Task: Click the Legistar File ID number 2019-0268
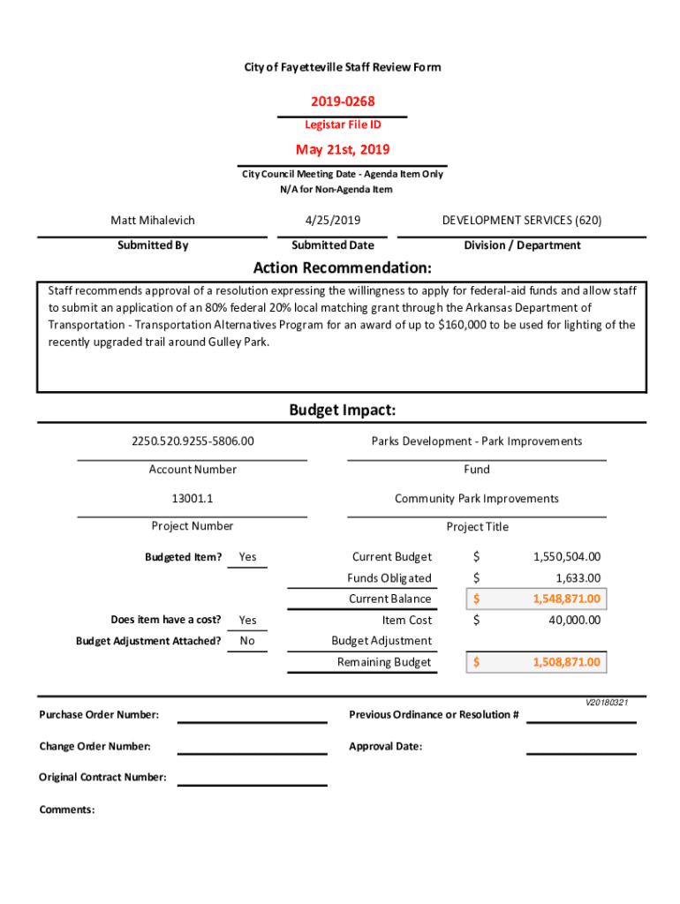pos(342,102)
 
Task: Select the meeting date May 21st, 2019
pos(342,149)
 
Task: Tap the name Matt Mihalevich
pos(152,220)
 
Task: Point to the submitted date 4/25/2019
pos(332,220)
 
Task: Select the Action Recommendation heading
pos(342,267)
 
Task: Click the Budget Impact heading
pos(342,411)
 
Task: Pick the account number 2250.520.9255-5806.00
pos(192,441)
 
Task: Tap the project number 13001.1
pos(192,498)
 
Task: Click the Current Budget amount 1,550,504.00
pos(566,556)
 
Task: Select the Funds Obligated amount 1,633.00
pos(578,578)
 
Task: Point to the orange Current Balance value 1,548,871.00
pos(566,599)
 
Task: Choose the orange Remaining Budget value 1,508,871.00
pos(566,662)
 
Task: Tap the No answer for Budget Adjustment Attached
pos(247,641)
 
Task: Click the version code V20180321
pos(606,703)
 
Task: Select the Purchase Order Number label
pos(99,714)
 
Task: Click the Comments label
pos(67,810)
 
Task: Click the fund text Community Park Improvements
pos(476,498)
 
